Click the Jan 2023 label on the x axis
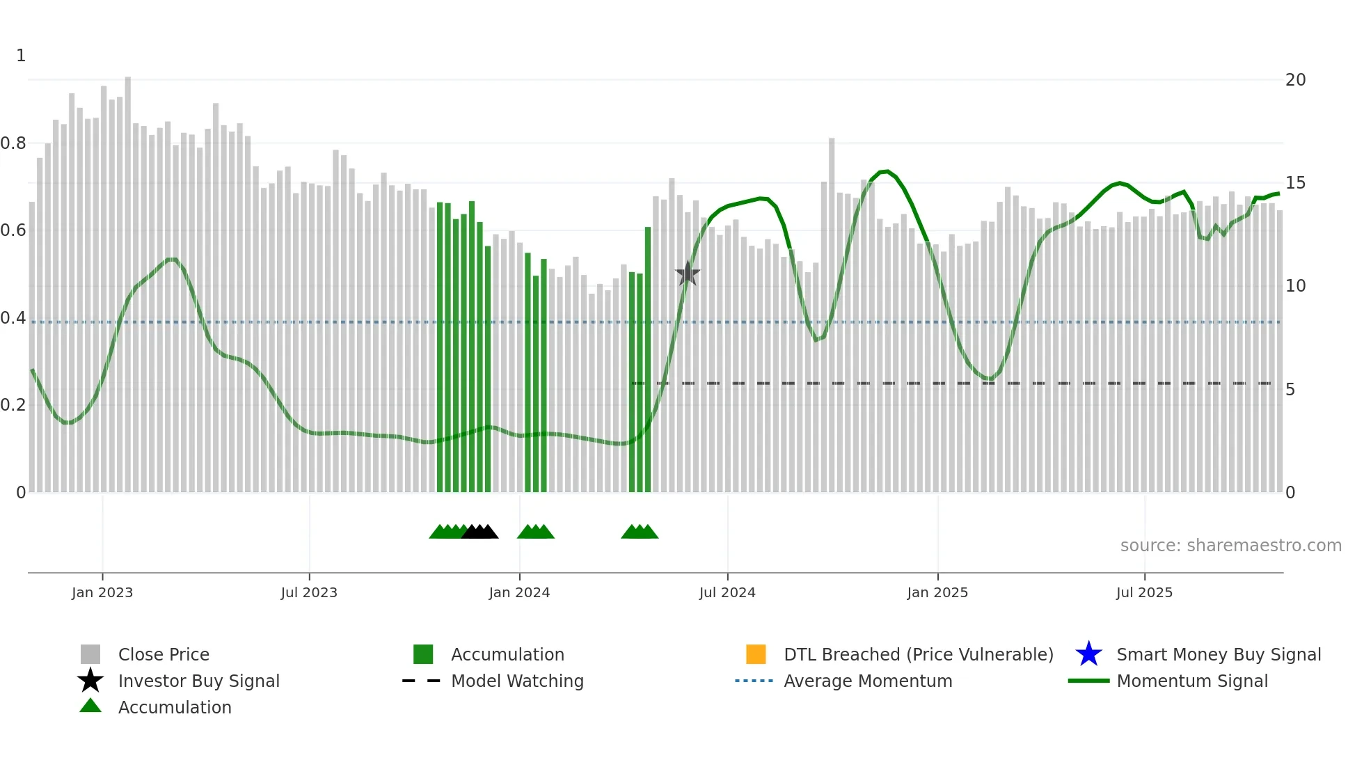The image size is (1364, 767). tap(102, 592)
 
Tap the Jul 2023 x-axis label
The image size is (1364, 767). tap(309, 592)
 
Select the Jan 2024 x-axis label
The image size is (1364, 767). tap(519, 592)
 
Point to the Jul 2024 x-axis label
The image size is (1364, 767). tap(727, 592)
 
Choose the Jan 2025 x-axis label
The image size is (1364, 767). tap(937, 592)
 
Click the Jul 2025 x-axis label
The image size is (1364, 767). tap(1144, 592)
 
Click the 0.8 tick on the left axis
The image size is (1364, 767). tap(13, 143)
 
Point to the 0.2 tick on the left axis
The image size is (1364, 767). tap(13, 405)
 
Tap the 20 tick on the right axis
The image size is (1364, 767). tap(1295, 80)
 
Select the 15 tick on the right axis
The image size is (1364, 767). tap(1295, 183)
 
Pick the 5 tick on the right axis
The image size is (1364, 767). tap(1290, 390)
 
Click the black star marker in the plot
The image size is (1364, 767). tap(688, 274)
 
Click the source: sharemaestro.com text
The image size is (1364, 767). tap(1230, 546)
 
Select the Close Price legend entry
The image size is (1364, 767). tap(164, 654)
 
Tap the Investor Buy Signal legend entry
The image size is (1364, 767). tap(198, 681)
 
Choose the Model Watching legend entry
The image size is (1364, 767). tap(517, 681)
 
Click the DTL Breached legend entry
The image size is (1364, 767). tap(918, 654)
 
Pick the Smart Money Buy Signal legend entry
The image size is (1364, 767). tap(1219, 654)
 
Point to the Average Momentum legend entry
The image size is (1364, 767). tap(868, 681)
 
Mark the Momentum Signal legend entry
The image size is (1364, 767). tap(1192, 681)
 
